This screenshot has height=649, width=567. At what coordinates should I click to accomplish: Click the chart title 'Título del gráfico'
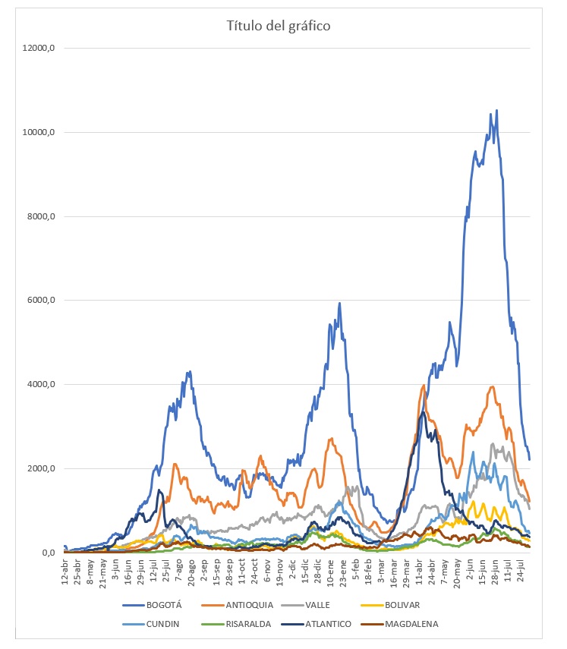[x=278, y=27]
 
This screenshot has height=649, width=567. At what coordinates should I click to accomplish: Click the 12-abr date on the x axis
[x=65, y=568]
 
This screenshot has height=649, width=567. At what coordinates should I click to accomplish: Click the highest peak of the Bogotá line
[x=496, y=111]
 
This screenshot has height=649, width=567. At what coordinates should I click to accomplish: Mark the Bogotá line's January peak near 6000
[x=339, y=304]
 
